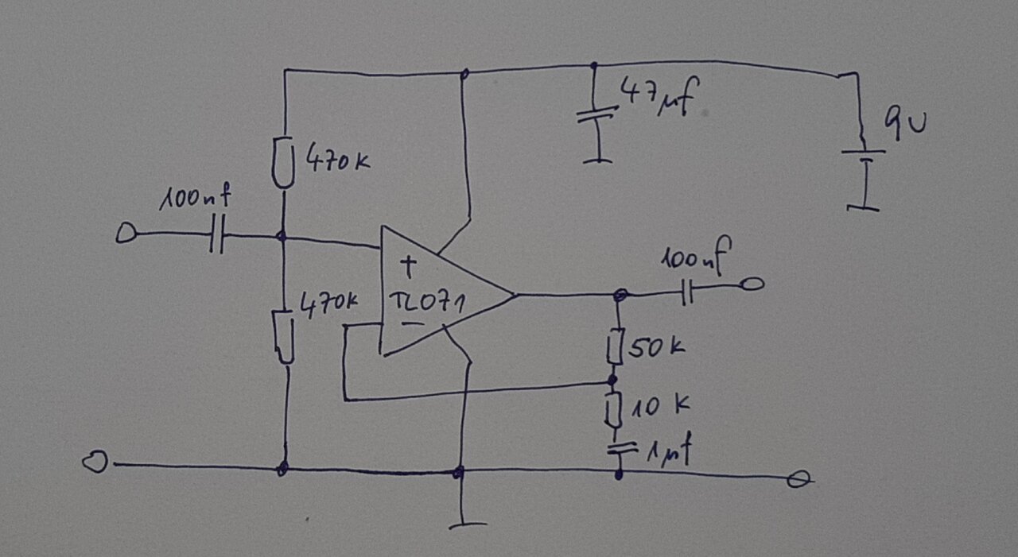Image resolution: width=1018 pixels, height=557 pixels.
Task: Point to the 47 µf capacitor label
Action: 659,96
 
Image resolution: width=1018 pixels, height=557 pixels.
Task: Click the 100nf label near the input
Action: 190,199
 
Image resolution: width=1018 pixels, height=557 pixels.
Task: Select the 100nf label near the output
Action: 695,259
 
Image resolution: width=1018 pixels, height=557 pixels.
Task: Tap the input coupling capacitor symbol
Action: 217,236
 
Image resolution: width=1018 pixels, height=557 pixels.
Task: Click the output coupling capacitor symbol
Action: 687,295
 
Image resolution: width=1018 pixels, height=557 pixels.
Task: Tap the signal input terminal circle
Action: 126,234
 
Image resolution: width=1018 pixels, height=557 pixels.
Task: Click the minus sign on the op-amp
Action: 410,323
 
